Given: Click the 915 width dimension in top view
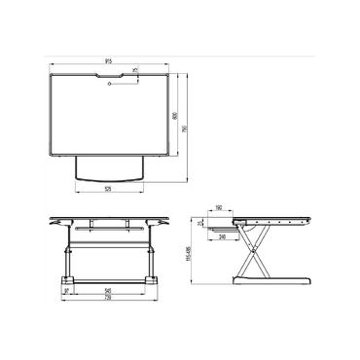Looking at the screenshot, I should pos(109,61).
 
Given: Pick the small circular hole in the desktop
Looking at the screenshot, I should pos(110,85).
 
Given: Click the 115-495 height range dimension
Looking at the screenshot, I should pos(192,255).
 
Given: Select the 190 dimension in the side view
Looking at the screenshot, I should pos(220,208).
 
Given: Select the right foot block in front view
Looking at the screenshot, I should pos(152,280).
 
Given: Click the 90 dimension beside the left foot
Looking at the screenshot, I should pos(65,291).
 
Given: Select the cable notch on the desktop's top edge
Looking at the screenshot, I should pos(110,71).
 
